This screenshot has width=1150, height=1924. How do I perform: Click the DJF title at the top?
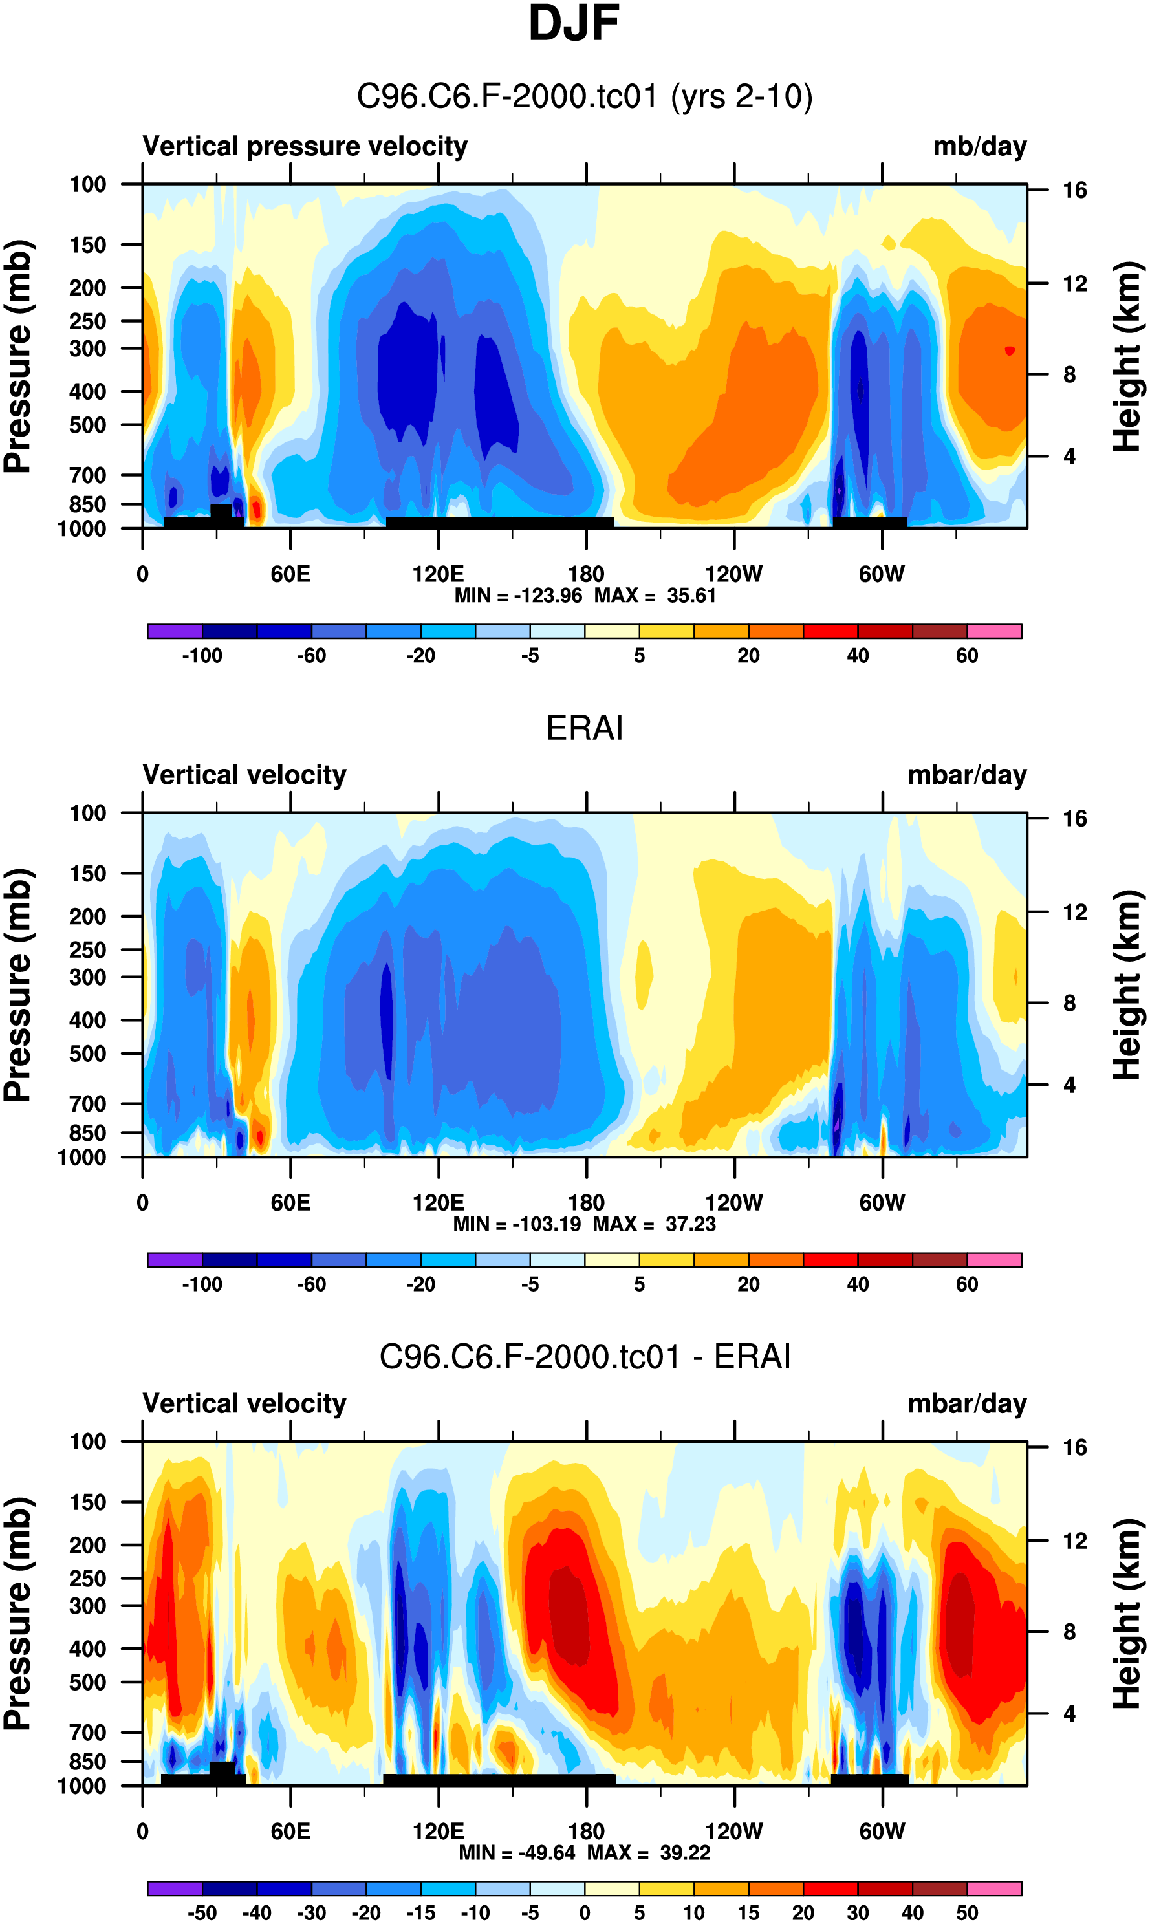click(x=574, y=23)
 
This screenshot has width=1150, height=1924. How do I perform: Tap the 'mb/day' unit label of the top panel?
click(x=979, y=146)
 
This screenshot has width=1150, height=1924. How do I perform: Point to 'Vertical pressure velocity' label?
click(x=305, y=146)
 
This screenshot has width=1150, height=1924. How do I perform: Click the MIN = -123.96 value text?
click(x=517, y=596)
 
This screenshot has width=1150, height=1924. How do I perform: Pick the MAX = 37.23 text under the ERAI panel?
click(x=654, y=1224)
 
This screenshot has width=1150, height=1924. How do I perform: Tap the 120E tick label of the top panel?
click(x=438, y=574)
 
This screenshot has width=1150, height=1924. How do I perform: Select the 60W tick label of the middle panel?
click(x=882, y=1203)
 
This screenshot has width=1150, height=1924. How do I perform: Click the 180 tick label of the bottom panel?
click(x=586, y=1831)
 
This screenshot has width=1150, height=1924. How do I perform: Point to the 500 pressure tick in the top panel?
click(x=87, y=426)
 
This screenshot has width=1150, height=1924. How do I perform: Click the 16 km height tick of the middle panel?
click(x=1074, y=819)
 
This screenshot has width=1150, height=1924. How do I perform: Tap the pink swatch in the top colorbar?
click(x=994, y=631)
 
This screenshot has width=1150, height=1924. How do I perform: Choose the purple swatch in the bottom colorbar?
click(x=175, y=1888)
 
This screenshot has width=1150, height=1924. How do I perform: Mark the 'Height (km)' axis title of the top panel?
click(x=1127, y=356)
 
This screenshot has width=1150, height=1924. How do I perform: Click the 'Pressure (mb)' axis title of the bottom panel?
click(x=17, y=1614)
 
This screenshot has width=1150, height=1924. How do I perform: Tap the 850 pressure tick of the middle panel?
click(x=87, y=1133)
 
